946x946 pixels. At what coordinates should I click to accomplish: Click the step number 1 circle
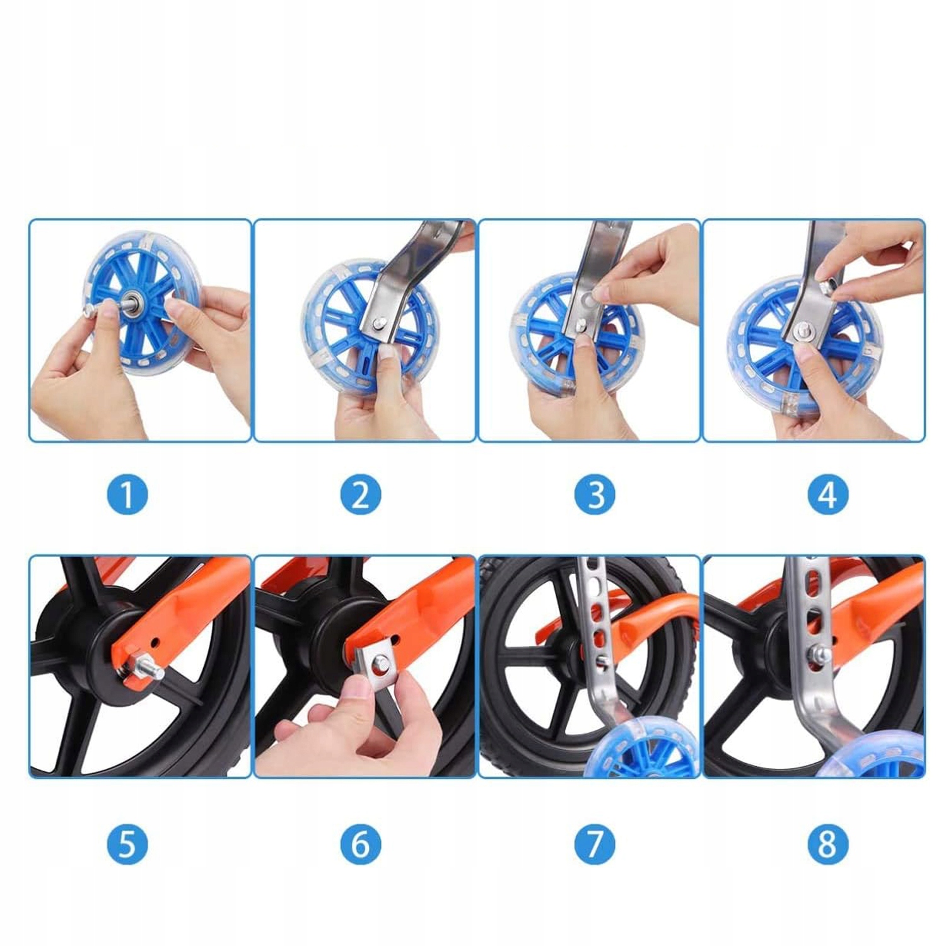tap(127, 494)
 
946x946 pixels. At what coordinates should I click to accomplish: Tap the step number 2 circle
tap(361, 494)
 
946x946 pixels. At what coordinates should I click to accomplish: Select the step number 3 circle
tap(595, 494)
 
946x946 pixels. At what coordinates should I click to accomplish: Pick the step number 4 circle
tap(828, 494)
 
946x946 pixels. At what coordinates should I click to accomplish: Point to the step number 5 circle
tap(127, 844)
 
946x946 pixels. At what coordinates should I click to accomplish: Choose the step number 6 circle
tap(361, 844)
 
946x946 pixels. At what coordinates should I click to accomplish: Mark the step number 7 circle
tap(595, 844)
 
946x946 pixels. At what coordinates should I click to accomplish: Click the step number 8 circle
tap(828, 844)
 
